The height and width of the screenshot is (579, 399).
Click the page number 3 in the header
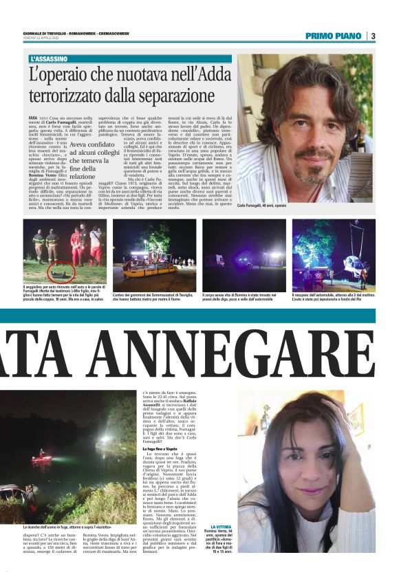click(372, 36)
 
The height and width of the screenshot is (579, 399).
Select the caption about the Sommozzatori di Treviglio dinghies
click(151, 296)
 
